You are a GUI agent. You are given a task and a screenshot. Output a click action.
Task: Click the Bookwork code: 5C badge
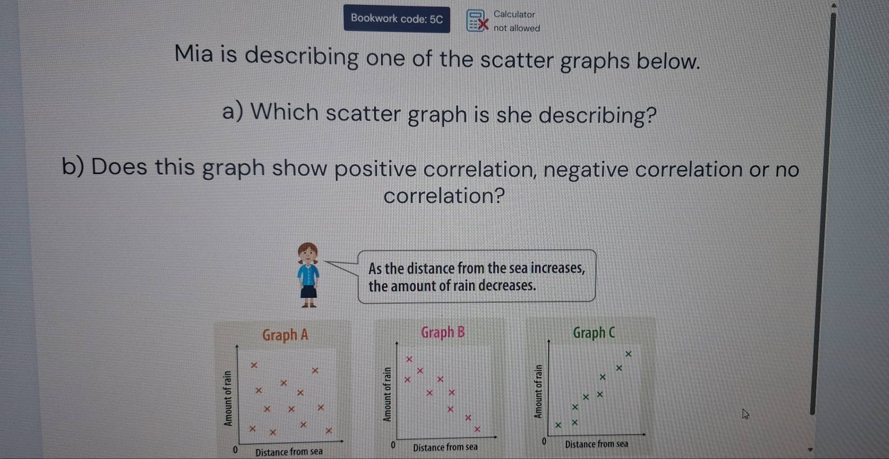[x=397, y=19]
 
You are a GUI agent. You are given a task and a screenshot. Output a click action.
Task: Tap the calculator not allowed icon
[x=477, y=21]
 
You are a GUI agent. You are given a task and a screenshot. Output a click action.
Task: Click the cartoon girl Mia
[x=309, y=275]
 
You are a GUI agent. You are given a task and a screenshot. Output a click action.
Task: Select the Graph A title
[x=285, y=335]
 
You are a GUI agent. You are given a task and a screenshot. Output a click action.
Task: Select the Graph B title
[x=443, y=333]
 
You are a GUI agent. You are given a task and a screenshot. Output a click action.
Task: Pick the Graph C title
[x=594, y=333]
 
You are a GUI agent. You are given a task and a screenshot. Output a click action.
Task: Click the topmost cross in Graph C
[x=628, y=354]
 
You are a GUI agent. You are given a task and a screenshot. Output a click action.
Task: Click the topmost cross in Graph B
[x=409, y=359]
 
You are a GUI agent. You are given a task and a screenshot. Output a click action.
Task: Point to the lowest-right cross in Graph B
[x=477, y=429]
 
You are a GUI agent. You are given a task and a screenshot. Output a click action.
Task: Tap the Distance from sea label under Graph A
[x=289, y=452]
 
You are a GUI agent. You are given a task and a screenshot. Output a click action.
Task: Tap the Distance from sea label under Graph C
[x=596, y=444]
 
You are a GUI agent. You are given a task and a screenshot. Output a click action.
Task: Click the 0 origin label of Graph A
[x=234, y=449]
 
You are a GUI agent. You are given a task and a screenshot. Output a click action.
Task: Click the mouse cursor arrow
[x=745, y=414]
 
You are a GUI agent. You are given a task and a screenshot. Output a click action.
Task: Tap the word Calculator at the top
[x=514, y=15]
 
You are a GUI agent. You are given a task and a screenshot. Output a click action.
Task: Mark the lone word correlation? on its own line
[x=444, y=196]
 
